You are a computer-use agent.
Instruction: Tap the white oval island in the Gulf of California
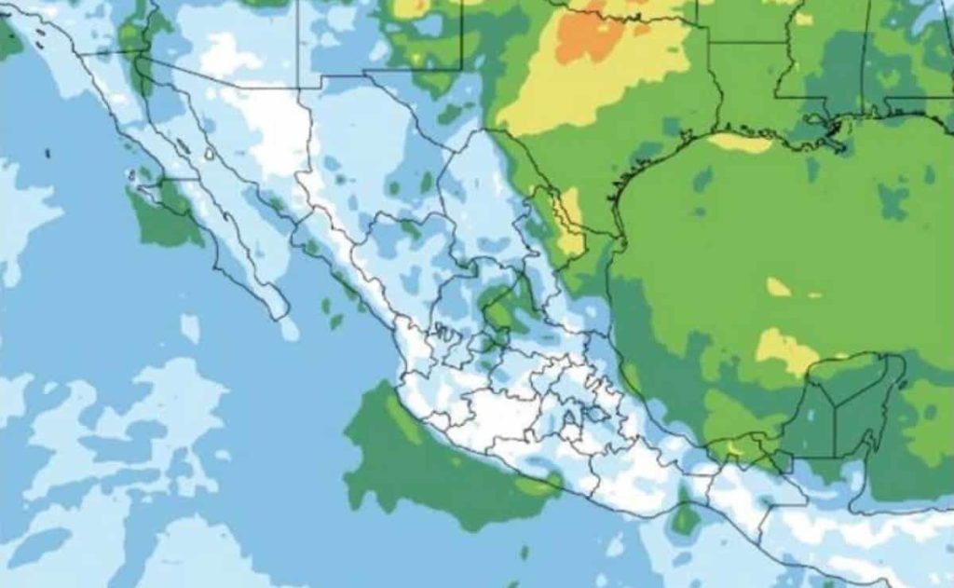click(211, 153)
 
